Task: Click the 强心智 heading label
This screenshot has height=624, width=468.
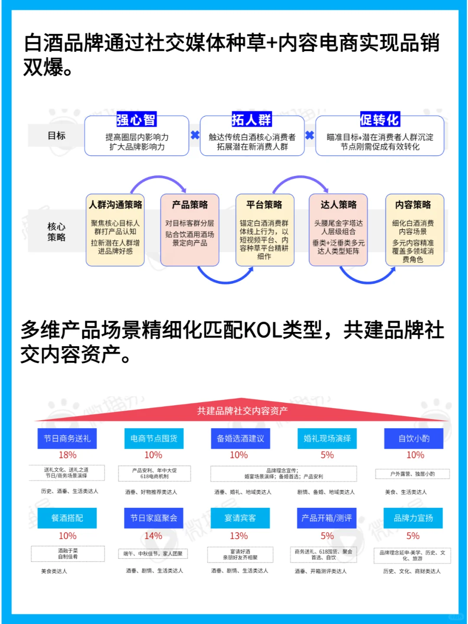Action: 136,120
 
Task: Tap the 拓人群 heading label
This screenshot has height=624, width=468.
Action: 251,120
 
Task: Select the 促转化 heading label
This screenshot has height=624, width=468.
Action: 380,120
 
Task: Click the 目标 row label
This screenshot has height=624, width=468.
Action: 56,136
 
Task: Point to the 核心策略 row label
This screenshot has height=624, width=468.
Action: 56,232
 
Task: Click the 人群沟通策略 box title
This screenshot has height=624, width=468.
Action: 115,205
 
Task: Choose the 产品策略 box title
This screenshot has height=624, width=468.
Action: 190,205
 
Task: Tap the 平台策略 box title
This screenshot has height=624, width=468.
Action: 264,205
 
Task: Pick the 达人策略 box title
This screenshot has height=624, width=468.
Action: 338,205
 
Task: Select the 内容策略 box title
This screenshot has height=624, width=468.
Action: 413,205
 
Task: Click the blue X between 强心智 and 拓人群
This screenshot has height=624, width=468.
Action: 195,135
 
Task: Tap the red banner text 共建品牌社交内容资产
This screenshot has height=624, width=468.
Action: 242,411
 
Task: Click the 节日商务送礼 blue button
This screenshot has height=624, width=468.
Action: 67,439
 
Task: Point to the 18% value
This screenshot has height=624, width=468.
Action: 68,455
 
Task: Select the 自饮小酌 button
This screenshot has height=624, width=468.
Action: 414,439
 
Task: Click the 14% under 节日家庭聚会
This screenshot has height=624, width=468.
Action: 153,536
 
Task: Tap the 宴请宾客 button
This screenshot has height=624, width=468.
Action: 240,518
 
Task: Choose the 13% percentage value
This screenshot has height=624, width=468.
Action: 239,536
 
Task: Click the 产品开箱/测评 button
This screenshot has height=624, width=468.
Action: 327,518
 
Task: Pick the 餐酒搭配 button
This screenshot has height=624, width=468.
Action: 67,518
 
